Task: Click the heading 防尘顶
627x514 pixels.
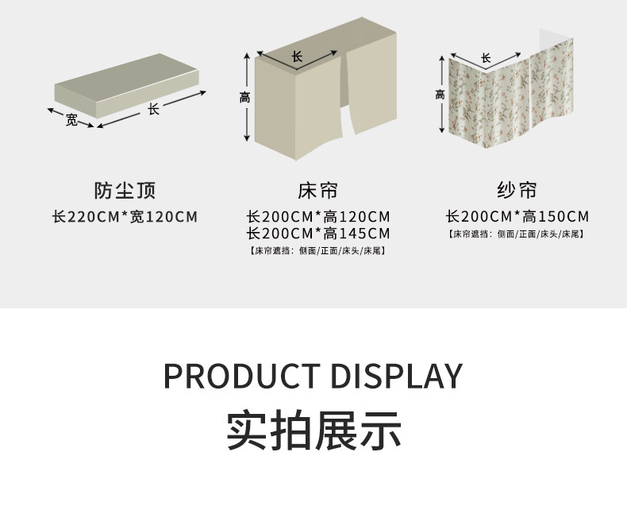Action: pos(125,191)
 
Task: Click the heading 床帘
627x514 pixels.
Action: pos(317,191)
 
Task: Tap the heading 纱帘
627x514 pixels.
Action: pos(517,191)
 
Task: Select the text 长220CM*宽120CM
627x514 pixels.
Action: pos(125,216)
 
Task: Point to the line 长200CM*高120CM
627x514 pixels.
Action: pos(318,216)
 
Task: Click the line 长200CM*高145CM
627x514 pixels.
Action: pos(318,234)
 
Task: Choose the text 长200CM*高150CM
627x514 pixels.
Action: pos(517,216)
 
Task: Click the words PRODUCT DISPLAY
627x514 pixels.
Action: pos(313,376)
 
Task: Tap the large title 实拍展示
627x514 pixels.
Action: pos(313,430)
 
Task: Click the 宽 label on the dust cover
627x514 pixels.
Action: pos(71,120)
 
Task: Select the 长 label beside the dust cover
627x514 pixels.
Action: pos(153,110)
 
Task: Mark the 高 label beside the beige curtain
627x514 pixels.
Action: pos(244,98)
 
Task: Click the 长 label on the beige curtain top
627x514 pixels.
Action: pos(298,56)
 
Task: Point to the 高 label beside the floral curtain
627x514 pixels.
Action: pos(440,95)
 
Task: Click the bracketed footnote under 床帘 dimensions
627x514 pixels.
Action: pos(317,251)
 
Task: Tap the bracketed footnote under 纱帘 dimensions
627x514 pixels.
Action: pos(517,234)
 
